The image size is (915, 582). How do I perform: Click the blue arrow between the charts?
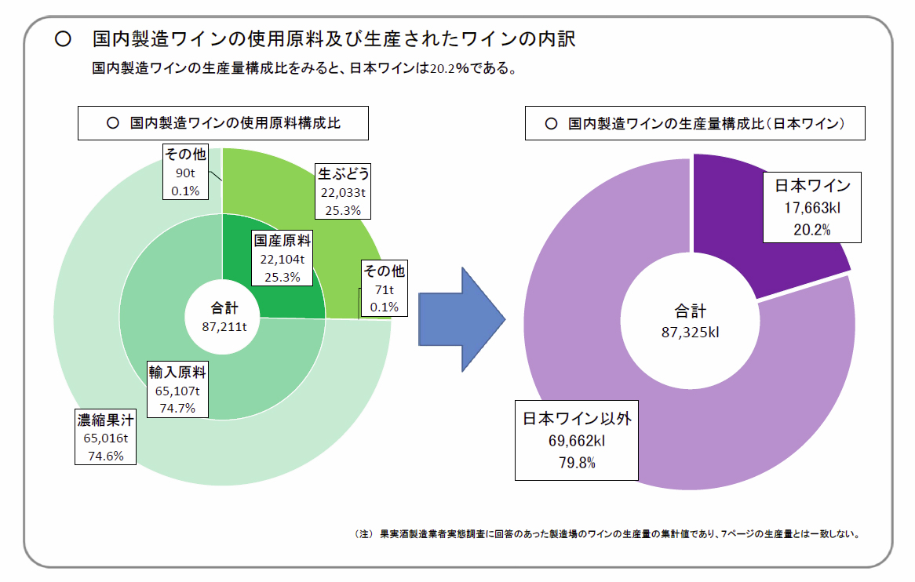459,318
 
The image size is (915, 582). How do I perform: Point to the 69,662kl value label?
576,442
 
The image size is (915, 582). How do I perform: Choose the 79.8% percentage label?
576,463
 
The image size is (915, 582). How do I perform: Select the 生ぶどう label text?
342,173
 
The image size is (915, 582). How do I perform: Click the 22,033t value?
342,191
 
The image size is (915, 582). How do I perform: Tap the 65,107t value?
177,391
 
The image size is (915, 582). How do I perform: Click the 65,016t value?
105,439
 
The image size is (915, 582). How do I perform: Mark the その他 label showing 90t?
185,154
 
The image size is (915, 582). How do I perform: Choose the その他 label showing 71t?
384,271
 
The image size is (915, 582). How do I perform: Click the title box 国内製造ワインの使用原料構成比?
223,123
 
